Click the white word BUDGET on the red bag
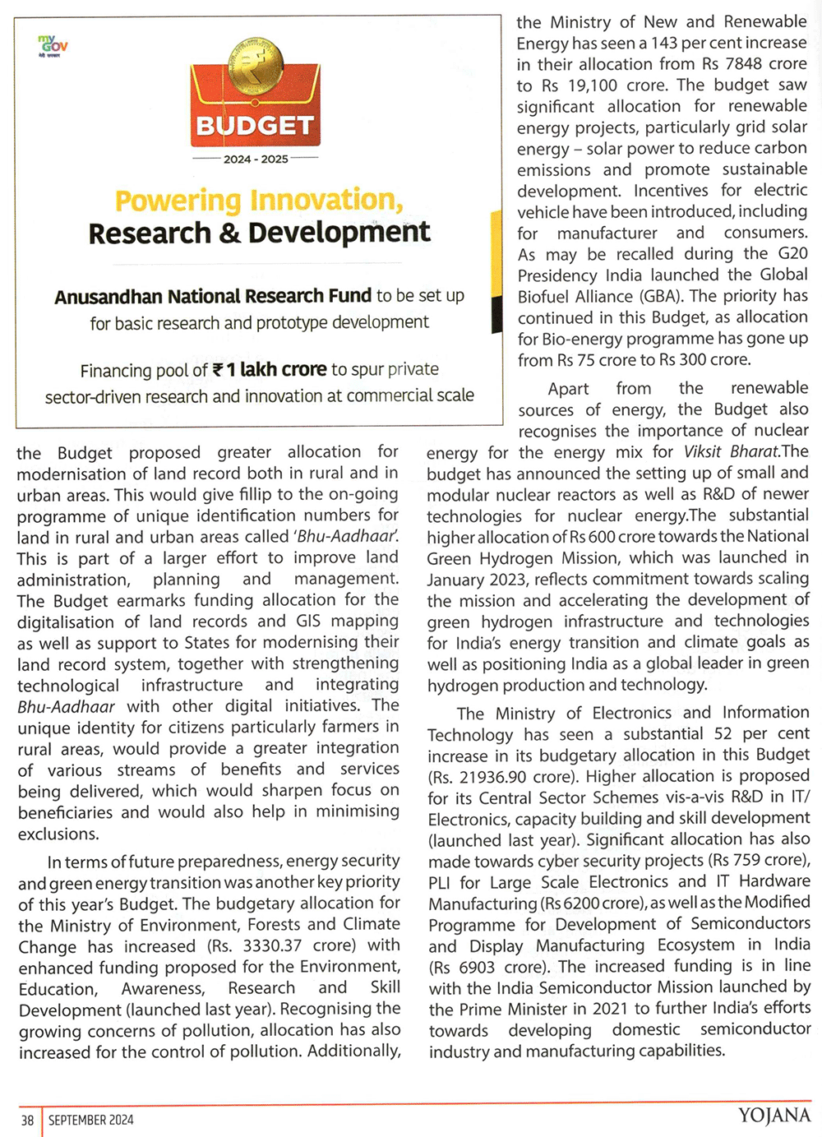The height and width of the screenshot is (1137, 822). pos(255,126)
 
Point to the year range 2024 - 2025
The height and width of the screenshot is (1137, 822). pos(256,159)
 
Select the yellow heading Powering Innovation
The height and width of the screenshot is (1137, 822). pos(259,200)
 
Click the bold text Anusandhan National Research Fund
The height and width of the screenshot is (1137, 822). pos(213,296)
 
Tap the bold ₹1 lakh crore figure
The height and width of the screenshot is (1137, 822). pos(270,370)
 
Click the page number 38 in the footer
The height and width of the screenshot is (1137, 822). pos(28,1120)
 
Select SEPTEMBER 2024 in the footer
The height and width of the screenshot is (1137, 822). pos(91,1120)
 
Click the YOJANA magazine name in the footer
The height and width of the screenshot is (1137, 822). pos(774,1116)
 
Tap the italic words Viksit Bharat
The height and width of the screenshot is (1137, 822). pos(731,451)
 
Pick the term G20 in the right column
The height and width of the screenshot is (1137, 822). pos(792,253)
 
